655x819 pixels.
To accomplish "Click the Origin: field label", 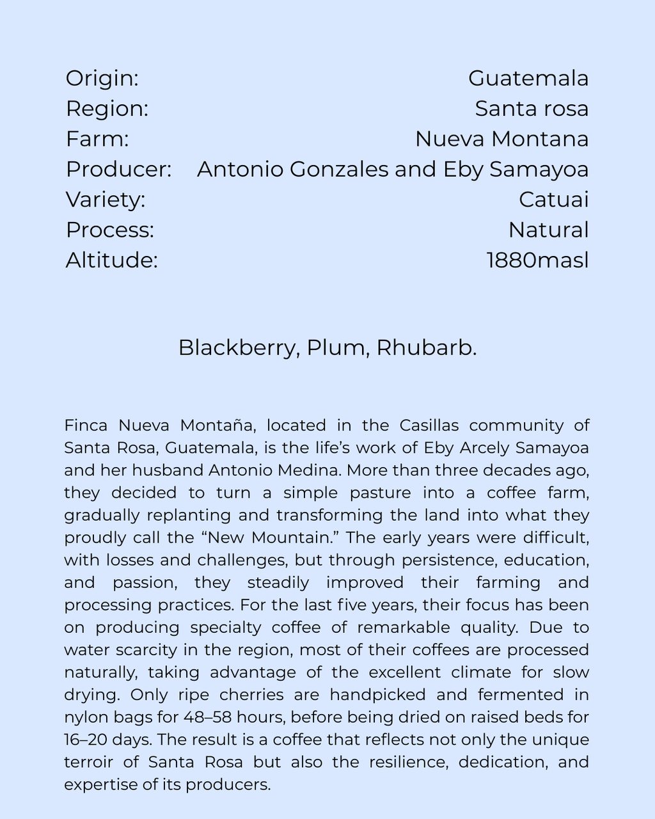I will click(102, 79).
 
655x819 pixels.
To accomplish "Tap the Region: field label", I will click(107, 109).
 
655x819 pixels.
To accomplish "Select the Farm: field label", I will click(97, 139).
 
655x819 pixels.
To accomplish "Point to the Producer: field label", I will click(118, 170).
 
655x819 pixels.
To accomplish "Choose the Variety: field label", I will click(106, 200).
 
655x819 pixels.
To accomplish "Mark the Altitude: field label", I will click(111, 260).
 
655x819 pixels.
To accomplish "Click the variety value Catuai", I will click(553, 200).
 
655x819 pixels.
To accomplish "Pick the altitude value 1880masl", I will click(537, 260).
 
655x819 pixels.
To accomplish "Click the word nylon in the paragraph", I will click(86, 717).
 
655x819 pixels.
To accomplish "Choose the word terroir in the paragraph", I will click(89, 762).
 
